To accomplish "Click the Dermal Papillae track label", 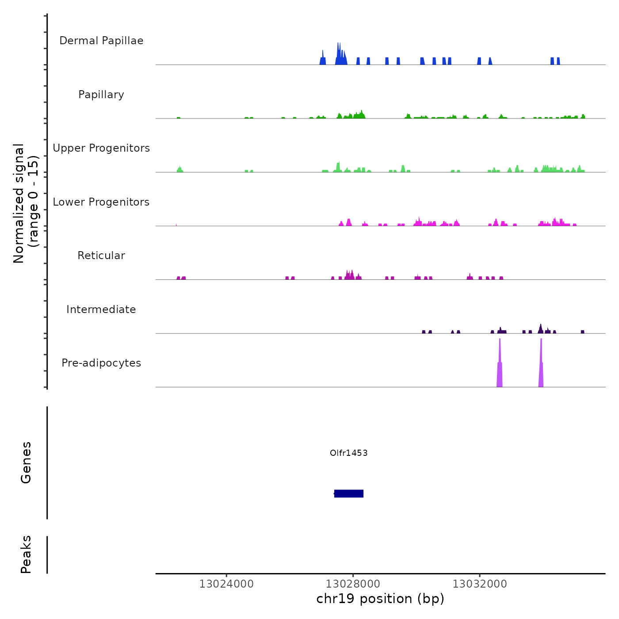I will pos(101,41).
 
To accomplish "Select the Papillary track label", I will pos(101,95).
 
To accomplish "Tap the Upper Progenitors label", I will pos(101,148).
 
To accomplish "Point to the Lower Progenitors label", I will pos(101,202).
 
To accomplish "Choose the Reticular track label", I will pos(101,256).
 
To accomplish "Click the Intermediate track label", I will pos(101,309).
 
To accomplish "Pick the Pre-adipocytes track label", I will pos(101,363).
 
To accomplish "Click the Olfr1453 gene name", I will pos(349,453).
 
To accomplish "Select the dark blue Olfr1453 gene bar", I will pos(349,493).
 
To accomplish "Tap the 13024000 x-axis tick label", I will pos(226,584).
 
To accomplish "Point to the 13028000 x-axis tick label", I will pos(353,584).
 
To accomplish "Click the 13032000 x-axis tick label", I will pos(480,584).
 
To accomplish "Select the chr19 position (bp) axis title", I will pos(380,599).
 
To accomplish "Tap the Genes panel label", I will pos(26,462).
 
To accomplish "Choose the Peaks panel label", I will pos(26,554).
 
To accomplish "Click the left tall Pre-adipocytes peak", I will pos(500,367).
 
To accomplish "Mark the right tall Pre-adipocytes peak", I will pos(541,367).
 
